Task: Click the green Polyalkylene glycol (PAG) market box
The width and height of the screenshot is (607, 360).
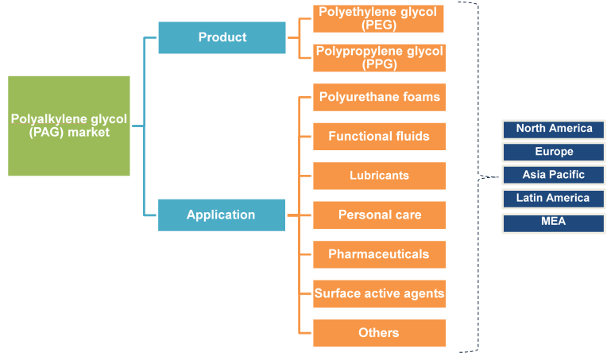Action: coord(69,126)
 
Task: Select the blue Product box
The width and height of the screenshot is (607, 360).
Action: coord(222,37)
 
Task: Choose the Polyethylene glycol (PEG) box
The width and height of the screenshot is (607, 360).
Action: coord(379,18)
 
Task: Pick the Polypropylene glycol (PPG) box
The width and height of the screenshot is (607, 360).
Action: coord(379,57)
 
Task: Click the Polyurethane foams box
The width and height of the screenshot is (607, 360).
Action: coord(379,97)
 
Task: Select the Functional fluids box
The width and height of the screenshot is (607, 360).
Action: coord(379,136)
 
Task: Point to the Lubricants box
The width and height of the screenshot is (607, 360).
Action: coord(379,176)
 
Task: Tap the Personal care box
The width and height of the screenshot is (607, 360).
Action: coord(379,215)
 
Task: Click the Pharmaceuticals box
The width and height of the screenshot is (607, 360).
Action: coord(379,254)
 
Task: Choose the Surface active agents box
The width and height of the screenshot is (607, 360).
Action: coord(379,293)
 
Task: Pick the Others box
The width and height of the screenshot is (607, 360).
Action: coord(379,333)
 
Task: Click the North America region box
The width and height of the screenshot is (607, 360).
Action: coord(554,129)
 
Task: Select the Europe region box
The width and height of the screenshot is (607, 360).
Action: coord(554,152)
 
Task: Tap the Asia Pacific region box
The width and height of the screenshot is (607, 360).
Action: coord(554,175)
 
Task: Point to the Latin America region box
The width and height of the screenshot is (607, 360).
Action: coord(554,198)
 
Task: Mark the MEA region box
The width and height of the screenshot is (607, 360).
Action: coord(554,222)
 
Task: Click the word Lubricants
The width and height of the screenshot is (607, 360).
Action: coord(379,176)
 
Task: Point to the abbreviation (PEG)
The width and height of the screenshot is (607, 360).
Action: coord(379,25)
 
